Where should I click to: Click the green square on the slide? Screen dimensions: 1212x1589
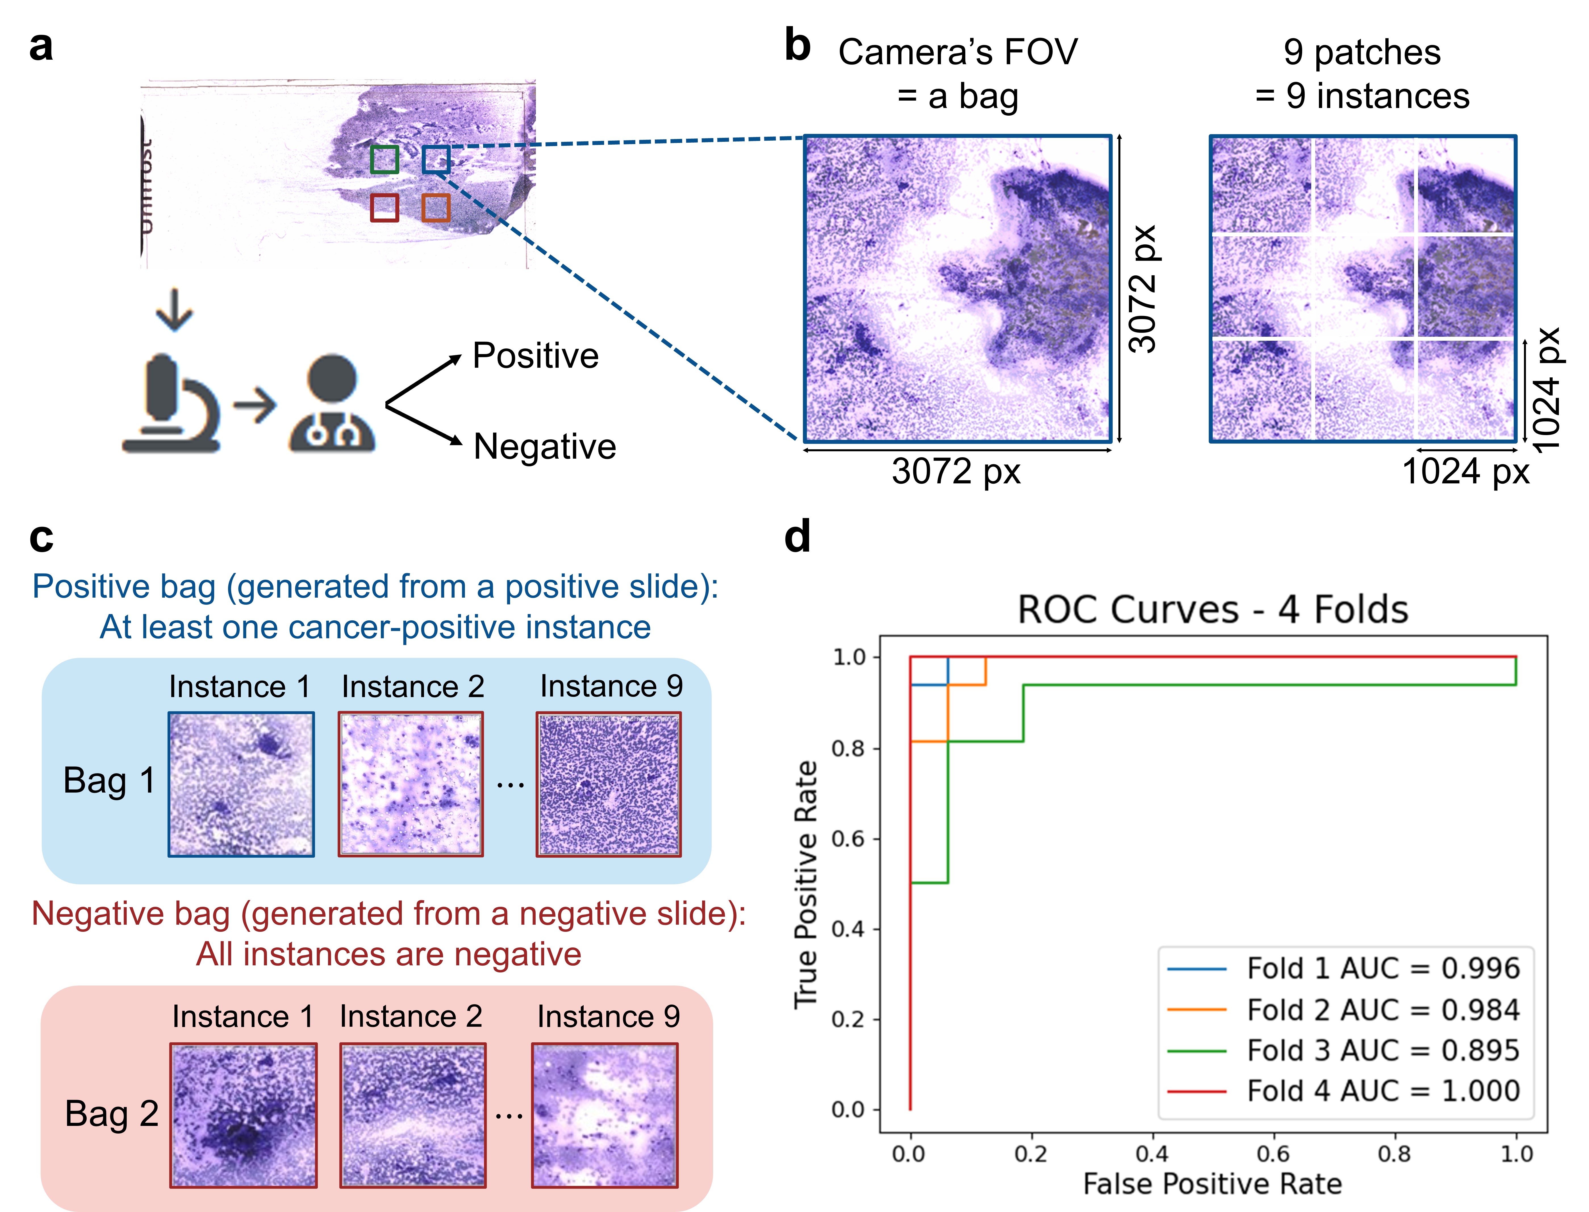click(x=384, y=159)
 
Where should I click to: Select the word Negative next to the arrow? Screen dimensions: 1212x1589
click(x=544, y=446)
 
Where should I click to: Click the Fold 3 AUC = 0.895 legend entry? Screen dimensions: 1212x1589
click(x=1383, y=1050)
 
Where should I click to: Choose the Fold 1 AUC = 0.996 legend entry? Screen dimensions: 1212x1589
click(x=1383, y=968)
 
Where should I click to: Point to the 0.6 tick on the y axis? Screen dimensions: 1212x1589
click(x=849, y=839)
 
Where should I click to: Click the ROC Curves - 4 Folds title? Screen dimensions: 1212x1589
click(x=1213, y=610)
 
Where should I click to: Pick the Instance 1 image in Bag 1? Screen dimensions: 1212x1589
click(x=241, y=784)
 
